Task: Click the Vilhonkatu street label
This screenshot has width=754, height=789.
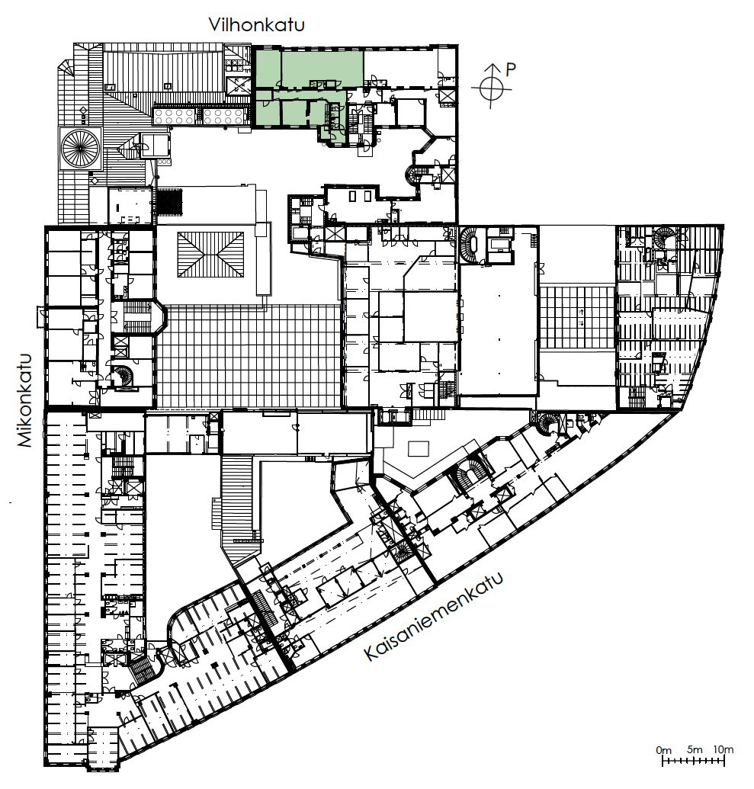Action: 257,24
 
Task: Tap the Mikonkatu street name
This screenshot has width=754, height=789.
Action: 24,400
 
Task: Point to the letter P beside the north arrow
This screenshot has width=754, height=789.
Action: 510,70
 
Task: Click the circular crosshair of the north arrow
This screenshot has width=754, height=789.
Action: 491,88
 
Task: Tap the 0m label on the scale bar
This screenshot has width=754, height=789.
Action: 663,750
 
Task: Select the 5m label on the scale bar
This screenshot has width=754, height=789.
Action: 694,750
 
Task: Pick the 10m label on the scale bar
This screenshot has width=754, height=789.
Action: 724,749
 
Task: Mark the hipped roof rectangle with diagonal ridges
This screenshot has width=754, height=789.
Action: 210,254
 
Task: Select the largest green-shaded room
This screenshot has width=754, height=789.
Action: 322,69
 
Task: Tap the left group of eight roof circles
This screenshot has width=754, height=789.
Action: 174,117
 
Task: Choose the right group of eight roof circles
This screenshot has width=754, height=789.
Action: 223,117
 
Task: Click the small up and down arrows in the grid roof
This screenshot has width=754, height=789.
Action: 582,318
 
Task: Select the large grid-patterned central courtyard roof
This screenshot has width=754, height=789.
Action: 249,356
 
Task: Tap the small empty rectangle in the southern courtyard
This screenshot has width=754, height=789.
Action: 419,448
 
